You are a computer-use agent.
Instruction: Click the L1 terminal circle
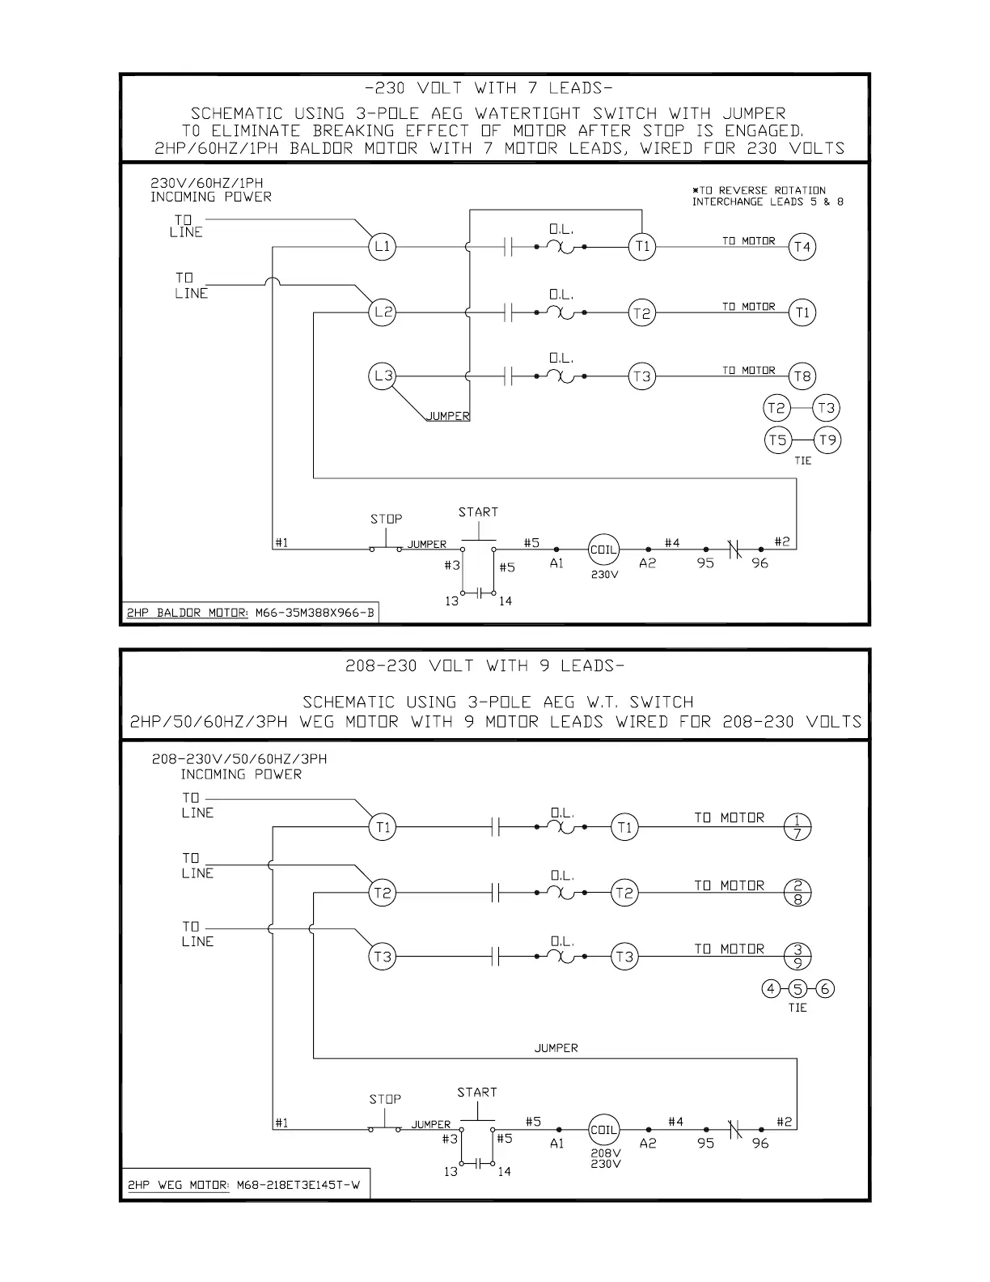383,247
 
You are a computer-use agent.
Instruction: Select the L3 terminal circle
383,376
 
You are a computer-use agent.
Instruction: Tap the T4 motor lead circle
802,247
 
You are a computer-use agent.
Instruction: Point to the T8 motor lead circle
802,376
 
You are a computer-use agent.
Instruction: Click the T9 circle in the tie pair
827,440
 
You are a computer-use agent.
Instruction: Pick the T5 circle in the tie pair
777,440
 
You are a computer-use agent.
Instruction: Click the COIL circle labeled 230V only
603,550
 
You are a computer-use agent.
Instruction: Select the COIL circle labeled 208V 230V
604,1130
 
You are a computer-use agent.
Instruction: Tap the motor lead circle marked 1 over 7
797,827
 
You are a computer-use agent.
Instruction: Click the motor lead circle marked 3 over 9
797,957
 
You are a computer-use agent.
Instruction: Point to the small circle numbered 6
825,988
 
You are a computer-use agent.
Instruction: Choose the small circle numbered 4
771,988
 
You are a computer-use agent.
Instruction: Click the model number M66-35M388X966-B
315,613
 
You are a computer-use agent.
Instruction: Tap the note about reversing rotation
767,196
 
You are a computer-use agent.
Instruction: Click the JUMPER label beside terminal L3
447,416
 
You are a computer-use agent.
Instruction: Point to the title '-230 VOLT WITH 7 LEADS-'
494,87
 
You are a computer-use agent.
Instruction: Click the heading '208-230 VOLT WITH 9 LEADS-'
484,666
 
